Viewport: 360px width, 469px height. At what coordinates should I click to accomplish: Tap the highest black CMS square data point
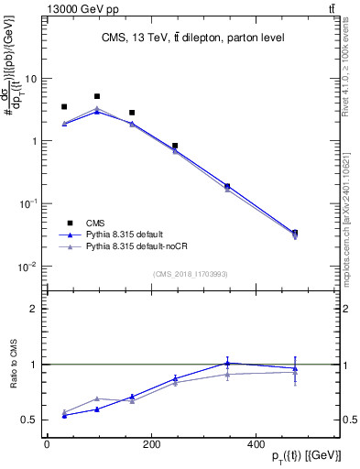[97, 96]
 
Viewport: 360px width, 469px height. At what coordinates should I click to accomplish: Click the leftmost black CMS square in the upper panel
[64, 107]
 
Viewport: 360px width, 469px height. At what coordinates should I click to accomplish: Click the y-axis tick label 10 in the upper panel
[31, 79]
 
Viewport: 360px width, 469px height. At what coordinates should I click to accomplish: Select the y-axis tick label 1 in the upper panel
[34, 141]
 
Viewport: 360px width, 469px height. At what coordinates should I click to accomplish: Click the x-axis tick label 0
[47, 444]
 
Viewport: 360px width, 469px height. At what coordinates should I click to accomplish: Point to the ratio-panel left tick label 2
[34, 309]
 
